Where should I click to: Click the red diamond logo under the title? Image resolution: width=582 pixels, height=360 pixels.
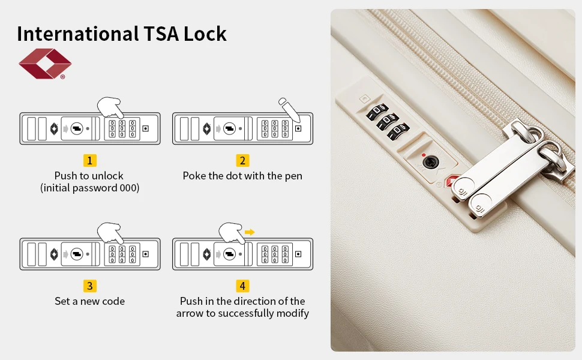click(x=44, y=64)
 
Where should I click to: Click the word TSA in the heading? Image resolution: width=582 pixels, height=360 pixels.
click(x=161, y=34)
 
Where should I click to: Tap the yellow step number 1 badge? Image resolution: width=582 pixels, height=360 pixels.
click(x=89, y=160)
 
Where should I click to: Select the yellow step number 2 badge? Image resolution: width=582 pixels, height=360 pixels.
click(x=242, y=160)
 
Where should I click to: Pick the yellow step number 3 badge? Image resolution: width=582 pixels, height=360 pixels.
click(x=89, y=286)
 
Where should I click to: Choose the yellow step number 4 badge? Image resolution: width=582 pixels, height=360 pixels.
click(x=242, y=286)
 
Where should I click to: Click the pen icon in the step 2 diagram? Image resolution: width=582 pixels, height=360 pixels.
click(x=289, y=109)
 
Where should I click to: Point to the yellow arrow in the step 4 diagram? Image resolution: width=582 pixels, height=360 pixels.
click(x=250, y=231)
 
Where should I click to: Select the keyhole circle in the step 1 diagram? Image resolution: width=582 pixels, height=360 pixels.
click(x=76, y=128)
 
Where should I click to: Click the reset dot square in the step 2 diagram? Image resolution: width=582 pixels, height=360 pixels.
click(x=298, y=128)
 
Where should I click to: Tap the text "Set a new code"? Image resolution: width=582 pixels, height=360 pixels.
click(x=89, y=301)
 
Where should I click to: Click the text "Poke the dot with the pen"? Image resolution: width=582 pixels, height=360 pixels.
click(x=242, y=176)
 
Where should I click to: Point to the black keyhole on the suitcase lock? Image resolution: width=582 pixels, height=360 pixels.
click(x=430, y=161)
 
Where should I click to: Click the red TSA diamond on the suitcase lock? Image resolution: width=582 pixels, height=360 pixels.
click(x=452, y=181)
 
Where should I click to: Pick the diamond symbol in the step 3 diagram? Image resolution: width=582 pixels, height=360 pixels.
click(x=54, y=254)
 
